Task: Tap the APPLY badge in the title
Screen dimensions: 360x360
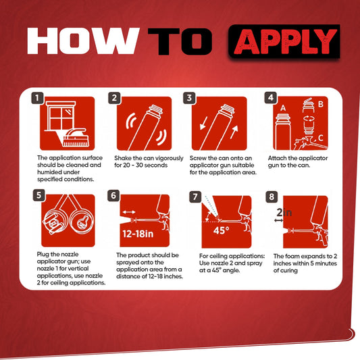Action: click(x=284, y=42)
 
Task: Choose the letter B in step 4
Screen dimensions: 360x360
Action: click(x=322, y=105)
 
